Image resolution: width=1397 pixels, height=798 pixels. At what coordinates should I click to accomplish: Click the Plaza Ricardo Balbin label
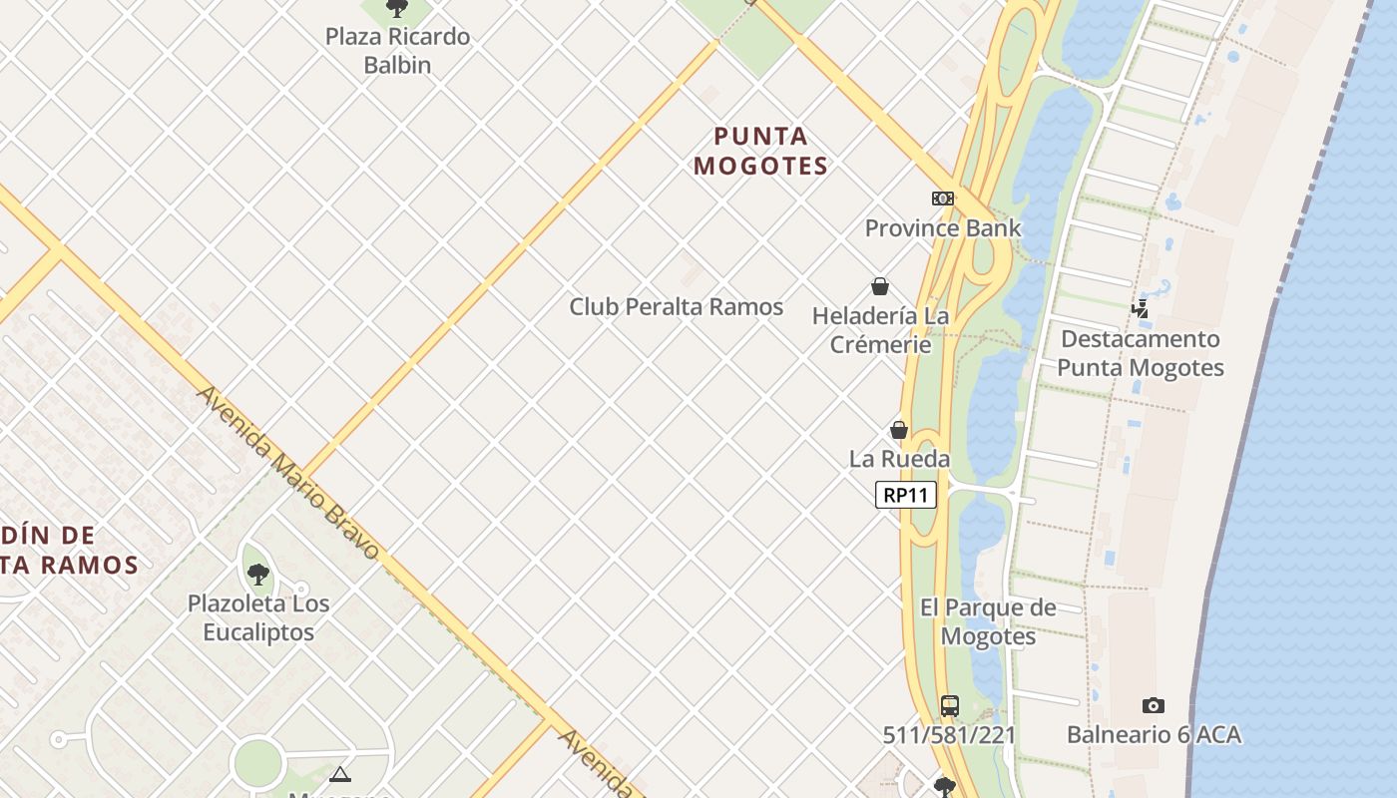click(397, 51)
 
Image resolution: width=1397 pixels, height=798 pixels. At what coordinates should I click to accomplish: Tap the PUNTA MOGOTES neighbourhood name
click(761, 151)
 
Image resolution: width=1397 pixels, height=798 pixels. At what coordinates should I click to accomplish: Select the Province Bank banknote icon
click(943, 199)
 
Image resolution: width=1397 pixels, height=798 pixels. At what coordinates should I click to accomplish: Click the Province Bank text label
click(943, 228)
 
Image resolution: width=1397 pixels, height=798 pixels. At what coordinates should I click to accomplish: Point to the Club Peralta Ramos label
click(676, 307)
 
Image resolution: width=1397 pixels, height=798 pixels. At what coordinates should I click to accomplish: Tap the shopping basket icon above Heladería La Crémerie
click(880, 287)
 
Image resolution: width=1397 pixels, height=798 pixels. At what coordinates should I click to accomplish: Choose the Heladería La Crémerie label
click(880, 330)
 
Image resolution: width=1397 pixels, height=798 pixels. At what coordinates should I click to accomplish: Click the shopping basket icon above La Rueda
click(899, 430)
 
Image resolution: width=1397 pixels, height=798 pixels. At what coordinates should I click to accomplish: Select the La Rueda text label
click(899, 459)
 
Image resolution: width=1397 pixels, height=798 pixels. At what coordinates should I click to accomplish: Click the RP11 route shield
click(906, 495)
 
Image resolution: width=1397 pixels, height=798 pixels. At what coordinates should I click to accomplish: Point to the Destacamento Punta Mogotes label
click(1140, 353)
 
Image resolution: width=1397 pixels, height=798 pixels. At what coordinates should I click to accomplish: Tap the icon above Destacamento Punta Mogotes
click(1140, 309)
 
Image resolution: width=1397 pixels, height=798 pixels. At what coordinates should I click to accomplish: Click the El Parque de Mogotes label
click(988, 621)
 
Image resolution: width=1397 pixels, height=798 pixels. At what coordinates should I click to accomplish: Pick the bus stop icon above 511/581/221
click(950, 706)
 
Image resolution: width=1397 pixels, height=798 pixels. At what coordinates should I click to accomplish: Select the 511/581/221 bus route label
click(950, 736)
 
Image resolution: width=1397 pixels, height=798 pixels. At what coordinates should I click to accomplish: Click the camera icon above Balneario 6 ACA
click(1154, 706)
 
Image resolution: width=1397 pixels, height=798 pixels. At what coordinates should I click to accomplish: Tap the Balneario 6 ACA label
click(1154, 735)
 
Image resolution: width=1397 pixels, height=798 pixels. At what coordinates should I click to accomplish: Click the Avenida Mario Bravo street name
click(288, 472)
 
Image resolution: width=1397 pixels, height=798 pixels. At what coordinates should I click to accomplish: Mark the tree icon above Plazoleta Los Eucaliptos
click(258, 575)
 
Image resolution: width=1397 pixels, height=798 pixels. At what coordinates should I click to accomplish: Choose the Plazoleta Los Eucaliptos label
click(258, 617)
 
